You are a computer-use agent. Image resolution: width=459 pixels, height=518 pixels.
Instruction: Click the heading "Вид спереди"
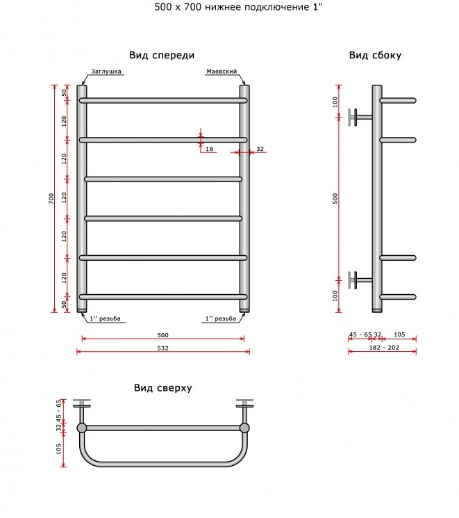click(162, 55)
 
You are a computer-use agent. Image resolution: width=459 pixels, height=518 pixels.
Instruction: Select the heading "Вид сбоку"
click(375, 55)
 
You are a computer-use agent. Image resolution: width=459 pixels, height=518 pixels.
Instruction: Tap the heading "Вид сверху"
click(162, 388)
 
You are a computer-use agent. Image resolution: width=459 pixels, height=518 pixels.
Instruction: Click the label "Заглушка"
click(106, 72)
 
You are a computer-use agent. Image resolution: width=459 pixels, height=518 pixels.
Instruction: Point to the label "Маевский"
click(222, 72)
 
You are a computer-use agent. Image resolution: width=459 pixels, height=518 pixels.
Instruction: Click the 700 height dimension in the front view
click(51, 198)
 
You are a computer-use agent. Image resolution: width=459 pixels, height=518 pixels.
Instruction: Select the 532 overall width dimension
click(163, 348)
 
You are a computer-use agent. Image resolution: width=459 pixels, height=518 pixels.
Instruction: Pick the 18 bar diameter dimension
click(209, 149)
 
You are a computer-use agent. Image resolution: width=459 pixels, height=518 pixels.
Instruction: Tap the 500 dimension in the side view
click(335, 199)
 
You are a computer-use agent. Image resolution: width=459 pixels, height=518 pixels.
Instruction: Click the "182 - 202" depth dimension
click(384, 348)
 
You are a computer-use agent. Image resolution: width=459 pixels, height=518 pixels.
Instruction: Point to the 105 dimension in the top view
click(59, 448)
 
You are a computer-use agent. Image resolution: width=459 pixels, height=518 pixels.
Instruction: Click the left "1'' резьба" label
click(105, 318)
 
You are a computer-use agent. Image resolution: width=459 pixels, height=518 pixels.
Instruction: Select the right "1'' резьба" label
click(221, 318)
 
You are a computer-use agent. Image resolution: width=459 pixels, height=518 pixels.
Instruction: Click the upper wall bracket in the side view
click(360, 117)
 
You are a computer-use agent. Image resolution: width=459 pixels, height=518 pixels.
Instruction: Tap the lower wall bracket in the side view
click(360, 280)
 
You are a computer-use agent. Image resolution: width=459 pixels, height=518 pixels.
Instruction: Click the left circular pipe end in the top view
click(82, 428)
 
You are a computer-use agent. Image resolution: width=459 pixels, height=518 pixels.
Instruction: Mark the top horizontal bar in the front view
click(163, 100)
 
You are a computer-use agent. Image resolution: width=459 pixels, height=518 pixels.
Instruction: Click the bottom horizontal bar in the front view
click(163, 297)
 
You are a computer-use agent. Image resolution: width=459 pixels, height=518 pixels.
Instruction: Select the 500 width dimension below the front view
click(163, 335)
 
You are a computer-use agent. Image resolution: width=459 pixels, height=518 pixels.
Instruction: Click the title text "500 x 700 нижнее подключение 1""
click(238, 7)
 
